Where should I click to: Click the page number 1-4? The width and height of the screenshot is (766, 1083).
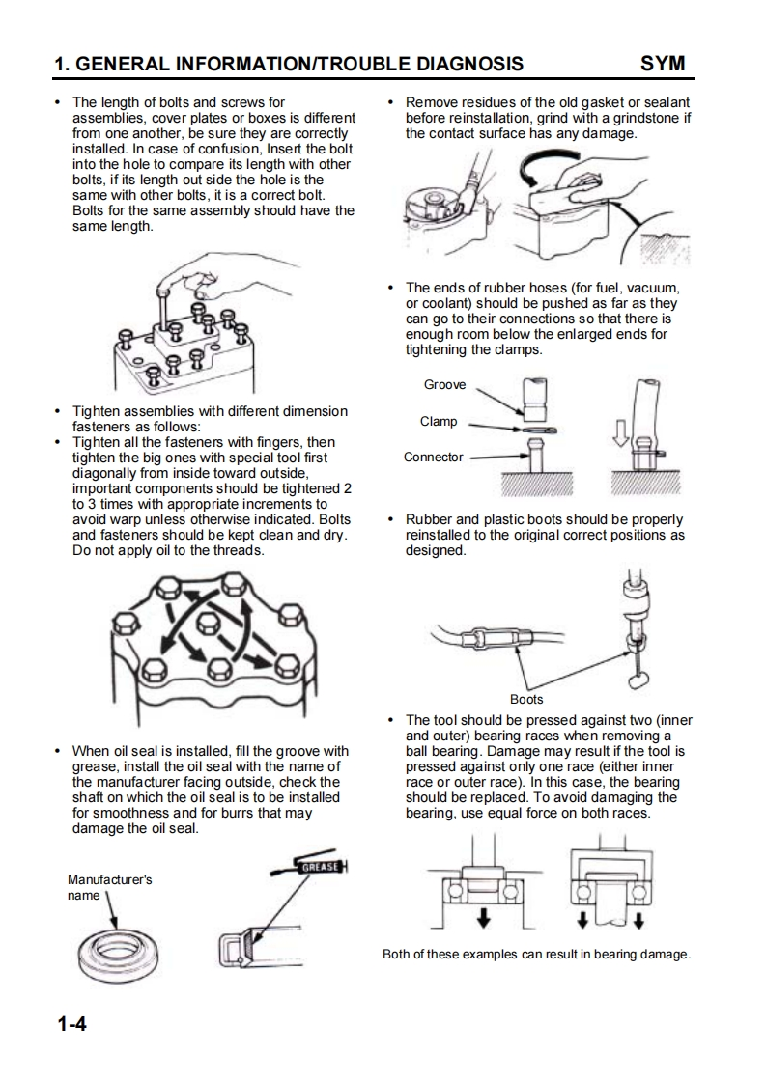(x=71, y=1023)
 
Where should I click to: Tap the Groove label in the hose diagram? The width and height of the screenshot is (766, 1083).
(x=444, y=384)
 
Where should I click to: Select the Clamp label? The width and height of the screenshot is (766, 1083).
(x=439, y=422)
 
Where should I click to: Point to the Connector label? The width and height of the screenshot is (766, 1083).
(x=434, y=457)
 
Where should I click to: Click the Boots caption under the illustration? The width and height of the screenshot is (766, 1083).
(x=526, y=699)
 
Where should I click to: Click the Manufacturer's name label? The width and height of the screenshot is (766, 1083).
(x=109, y=887)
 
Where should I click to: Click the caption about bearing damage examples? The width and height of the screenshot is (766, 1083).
(x=536, y=955)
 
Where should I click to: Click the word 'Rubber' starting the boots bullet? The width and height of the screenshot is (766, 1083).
(x=430, y=519)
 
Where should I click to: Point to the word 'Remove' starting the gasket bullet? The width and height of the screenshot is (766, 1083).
(x=432, y=101)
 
